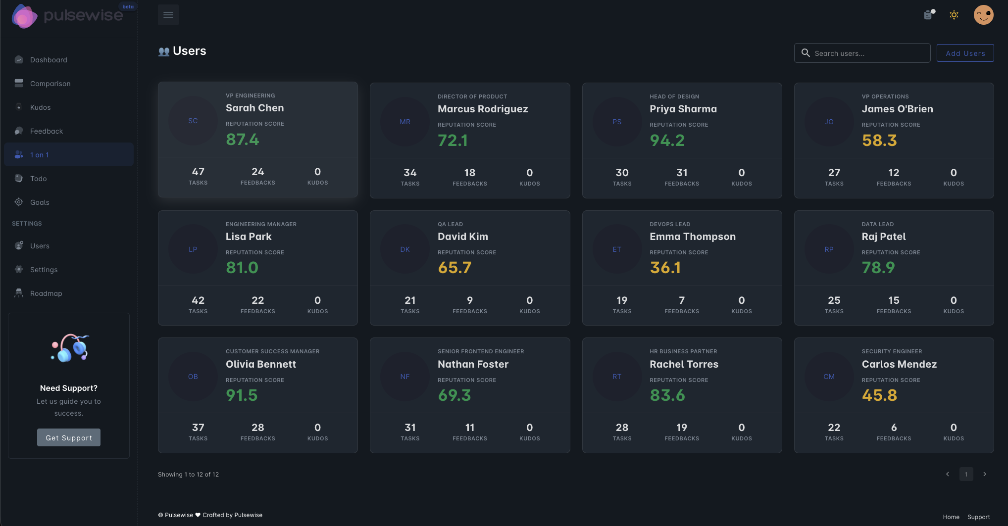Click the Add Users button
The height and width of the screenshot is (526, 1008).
(x=965, y=53)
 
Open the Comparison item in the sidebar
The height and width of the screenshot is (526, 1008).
(x=50, y=84)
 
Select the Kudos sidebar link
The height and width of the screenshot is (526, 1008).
(x=40, y=107)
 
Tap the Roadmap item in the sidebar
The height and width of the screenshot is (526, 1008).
(x=46, y=293)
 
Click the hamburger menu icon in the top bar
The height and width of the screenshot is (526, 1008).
(x=168, y=15)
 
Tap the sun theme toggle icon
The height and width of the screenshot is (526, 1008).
(x=954, y=15)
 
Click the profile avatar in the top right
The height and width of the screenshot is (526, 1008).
(x=983, y=15)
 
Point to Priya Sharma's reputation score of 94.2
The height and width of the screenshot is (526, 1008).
(x=667, y=141)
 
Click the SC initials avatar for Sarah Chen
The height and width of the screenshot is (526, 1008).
(x=193, y=121)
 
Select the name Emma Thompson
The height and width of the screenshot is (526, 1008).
(x=692, y=237)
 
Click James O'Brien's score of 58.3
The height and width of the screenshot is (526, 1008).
(x=879, y=141)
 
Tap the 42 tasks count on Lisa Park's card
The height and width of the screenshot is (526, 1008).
(x=198, y=300)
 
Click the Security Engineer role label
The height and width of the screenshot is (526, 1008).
(x=892, y=351)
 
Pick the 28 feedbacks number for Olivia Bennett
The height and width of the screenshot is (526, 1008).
(x=257, y=428)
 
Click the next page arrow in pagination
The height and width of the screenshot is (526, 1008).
(x=985, y=474)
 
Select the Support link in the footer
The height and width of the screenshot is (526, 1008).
(x=978, y=517)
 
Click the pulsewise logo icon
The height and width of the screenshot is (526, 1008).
(x=24, y=16)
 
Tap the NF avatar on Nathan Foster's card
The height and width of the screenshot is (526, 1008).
(x=405, y=377)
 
